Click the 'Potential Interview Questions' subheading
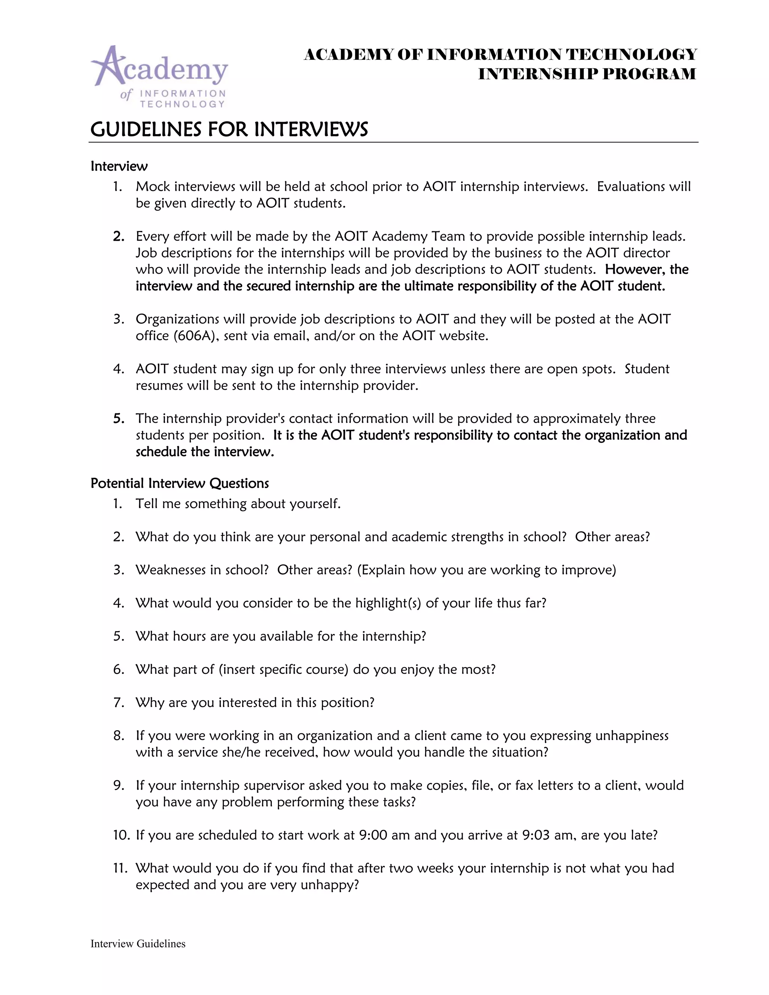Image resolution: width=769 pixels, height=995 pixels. [x=179, y=483]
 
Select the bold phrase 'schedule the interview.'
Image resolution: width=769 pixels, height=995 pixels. [x=205, y=452]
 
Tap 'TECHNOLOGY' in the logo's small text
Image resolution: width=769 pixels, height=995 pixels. [x=182, y=104]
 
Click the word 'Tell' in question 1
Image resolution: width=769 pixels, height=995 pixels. [x=146, y=504]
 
